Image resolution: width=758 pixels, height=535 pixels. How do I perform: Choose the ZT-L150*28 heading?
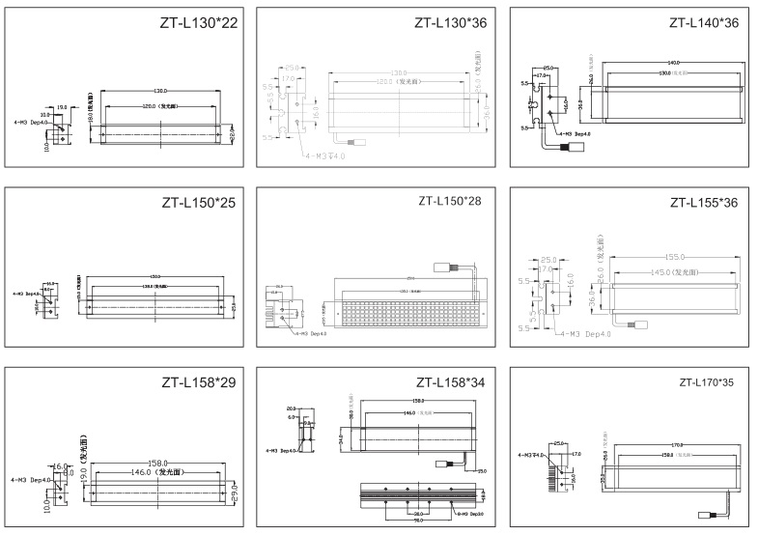click(x=451, y=202)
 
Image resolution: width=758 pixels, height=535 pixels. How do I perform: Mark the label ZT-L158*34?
click(x=450, y=383)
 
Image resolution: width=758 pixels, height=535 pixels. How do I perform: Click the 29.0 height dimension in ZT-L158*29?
click(x=235, y=493)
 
